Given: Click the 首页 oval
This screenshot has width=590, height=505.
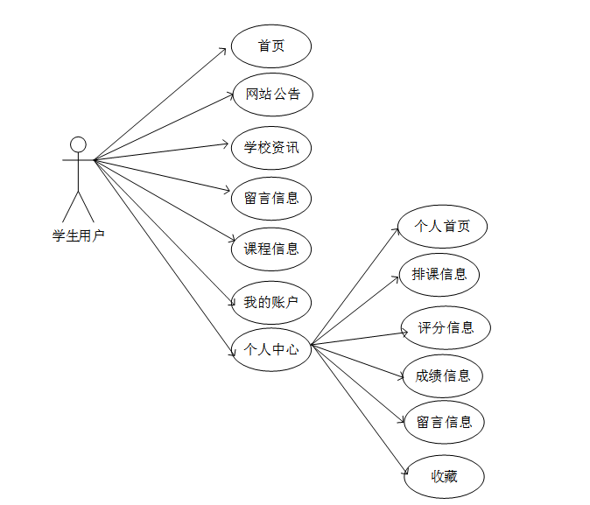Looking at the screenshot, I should pos(271,46).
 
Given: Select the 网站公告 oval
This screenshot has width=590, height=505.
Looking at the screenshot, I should pos(272,95).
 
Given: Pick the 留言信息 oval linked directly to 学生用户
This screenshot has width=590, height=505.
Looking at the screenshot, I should pos(271,198).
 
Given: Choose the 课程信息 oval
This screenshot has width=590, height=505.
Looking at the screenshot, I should pos(271,249).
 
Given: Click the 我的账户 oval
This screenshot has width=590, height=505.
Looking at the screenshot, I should pos(271,303).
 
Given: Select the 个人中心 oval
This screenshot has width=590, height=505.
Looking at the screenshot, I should pos(271,349).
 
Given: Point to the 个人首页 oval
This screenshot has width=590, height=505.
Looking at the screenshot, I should pos(442,226).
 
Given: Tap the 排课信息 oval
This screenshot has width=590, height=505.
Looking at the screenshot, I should pos(439,274).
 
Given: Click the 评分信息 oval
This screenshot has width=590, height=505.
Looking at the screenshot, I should pos(446,328).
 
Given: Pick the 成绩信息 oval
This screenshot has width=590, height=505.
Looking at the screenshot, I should pos(443,375).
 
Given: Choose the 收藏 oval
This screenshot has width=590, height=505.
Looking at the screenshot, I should pos(444,477).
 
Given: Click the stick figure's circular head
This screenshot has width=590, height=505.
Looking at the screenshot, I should pos(78,144).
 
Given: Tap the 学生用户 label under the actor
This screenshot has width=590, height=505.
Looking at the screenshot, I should pos(78,235).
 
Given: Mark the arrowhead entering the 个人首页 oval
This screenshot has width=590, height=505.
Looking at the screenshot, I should pos(396,230).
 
